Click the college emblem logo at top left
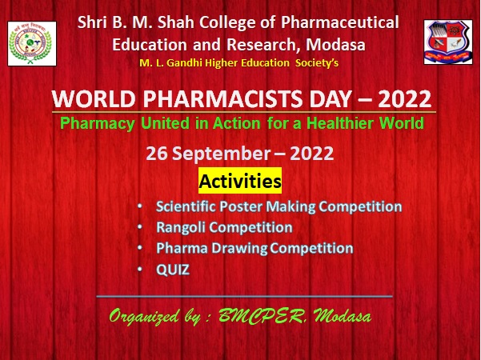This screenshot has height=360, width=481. coord(32,43)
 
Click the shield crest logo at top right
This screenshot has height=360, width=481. coord(448,42)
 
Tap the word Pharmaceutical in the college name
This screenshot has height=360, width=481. coord(340,22)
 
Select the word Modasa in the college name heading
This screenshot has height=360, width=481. coord(335,45)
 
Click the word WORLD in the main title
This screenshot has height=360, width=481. coord(94,99)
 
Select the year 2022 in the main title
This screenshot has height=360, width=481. coord(405,99)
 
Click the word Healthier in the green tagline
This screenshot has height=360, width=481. coord(340,123)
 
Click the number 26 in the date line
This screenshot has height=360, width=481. coord(156,154)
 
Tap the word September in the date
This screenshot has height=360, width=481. coord(221,154)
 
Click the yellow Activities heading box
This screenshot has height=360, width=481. coord(240,181)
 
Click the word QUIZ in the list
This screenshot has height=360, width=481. coord(173,270)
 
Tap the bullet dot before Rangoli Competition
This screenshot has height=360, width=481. coord(140,227)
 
